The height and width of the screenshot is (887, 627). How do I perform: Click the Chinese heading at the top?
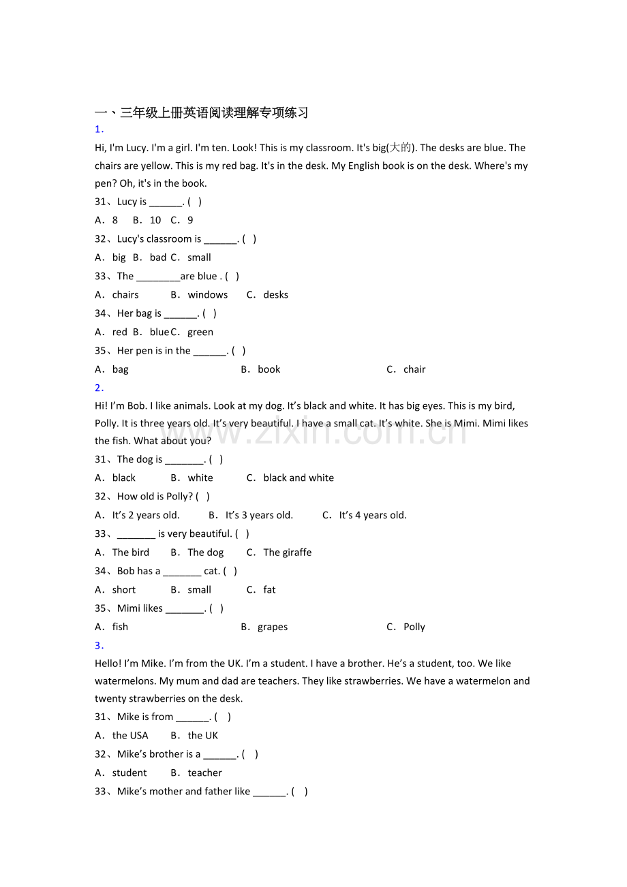point(202,112)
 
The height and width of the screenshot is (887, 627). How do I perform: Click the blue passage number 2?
point(99,388)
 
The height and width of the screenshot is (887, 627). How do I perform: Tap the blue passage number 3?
point(99,645)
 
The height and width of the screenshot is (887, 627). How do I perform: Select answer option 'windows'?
point(207,295)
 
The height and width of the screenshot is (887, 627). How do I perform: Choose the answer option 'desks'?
point(275,295)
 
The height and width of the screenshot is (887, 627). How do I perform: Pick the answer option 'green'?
point(200,332)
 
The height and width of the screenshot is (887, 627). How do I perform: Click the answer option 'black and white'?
point(299,478)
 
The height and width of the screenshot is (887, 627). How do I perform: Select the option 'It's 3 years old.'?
point(259,516)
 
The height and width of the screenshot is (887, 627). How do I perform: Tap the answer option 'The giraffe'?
point(287,553)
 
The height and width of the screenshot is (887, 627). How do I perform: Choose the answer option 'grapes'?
point(273,627)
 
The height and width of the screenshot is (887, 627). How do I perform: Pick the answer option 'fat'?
point(269,590)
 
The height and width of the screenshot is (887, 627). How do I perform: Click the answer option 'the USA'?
point(130,736)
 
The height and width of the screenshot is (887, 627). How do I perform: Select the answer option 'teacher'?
point(204,773)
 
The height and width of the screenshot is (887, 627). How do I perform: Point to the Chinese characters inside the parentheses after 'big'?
point(401,148)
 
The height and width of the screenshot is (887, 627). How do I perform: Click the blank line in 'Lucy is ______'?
point(166,202)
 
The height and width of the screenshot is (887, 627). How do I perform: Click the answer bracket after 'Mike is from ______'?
point(222,717)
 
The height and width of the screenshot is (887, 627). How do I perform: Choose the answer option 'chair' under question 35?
point(414,370)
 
